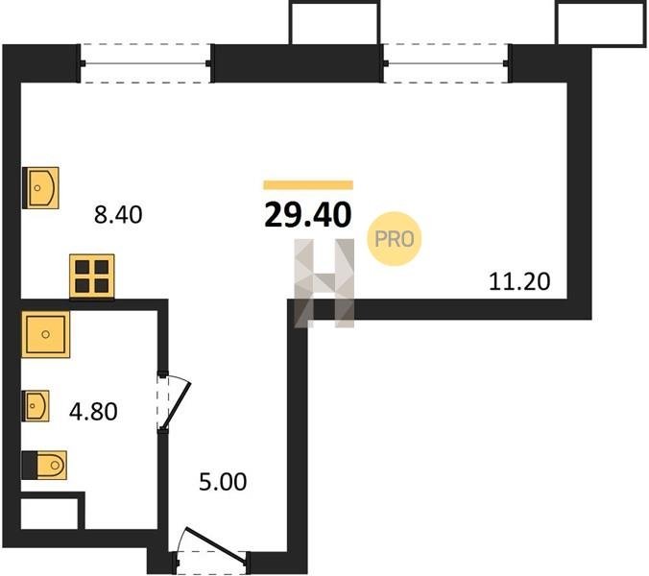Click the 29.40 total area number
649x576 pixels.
click(308, 215)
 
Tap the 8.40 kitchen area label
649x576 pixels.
click(118, 215)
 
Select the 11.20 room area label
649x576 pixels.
click(519, 282)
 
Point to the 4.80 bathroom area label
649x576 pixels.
click(93, 412)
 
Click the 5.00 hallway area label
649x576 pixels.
click(223, 482)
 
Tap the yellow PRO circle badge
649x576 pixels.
click(394, 239)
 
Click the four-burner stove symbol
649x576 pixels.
click(92, 276)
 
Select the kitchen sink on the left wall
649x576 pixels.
click(40, 188)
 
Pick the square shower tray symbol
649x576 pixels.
click(45, 334)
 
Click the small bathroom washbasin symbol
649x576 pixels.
click(36, 406)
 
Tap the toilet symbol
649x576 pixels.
click(44, 465)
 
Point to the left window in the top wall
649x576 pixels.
click(146, 63)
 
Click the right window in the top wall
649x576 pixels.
click(446, 63)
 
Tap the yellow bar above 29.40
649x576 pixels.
click(308, 185)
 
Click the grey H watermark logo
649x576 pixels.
click(324, 283)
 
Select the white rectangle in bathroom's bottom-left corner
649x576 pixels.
click(49, 514)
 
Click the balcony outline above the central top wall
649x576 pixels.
click(334, 23)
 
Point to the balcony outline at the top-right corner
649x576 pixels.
click(601, 23)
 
